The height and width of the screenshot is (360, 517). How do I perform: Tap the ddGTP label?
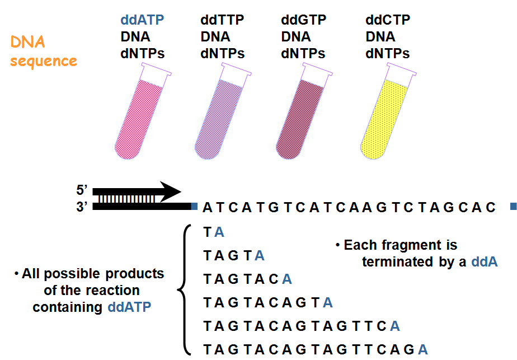point(303,21)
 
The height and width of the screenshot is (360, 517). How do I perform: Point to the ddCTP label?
point(388,21)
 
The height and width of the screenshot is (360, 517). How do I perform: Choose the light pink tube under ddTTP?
point(220,115)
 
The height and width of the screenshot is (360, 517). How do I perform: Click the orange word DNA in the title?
point(26,41)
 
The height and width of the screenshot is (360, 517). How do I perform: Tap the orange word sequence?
point(43,60)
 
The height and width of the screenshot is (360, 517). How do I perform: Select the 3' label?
point(83,207)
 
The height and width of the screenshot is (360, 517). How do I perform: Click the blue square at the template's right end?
point(513,207)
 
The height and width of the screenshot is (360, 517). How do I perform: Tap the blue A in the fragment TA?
point(220,232)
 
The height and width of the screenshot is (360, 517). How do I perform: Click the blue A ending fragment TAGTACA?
point(287,279)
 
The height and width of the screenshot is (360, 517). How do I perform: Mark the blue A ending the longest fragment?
point(424,349)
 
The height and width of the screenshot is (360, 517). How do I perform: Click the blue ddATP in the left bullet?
point(129,307)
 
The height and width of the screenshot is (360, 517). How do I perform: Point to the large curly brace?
point(182,289)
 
